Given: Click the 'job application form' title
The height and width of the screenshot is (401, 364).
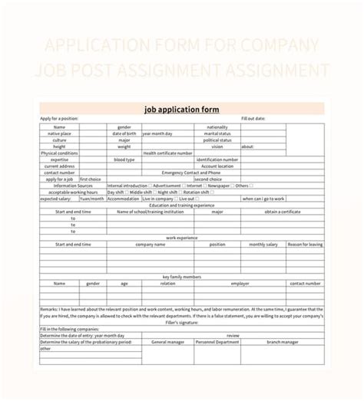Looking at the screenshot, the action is [x=182, y=110].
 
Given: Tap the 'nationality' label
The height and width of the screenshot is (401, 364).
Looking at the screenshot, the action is [x=217, y=127].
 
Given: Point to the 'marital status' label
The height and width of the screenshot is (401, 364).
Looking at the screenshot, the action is [x=217, y=133].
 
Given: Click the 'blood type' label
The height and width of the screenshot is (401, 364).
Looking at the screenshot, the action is [x=124, y=159].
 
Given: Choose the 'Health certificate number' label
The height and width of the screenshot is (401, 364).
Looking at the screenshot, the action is [x=167, y=153].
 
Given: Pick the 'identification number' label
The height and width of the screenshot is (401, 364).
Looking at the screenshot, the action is [x=217, y=159].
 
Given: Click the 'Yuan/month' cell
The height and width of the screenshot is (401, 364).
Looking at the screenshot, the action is [x=92, y=199].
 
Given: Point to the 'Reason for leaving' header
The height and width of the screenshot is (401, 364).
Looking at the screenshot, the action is [x=305, y=244].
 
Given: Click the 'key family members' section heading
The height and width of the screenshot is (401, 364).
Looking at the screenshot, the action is [x=182, y=276].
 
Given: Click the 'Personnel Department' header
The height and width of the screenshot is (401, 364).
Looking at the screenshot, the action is [x=217, y=341].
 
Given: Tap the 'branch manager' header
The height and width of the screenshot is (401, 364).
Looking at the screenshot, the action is [x=283, y=341].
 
